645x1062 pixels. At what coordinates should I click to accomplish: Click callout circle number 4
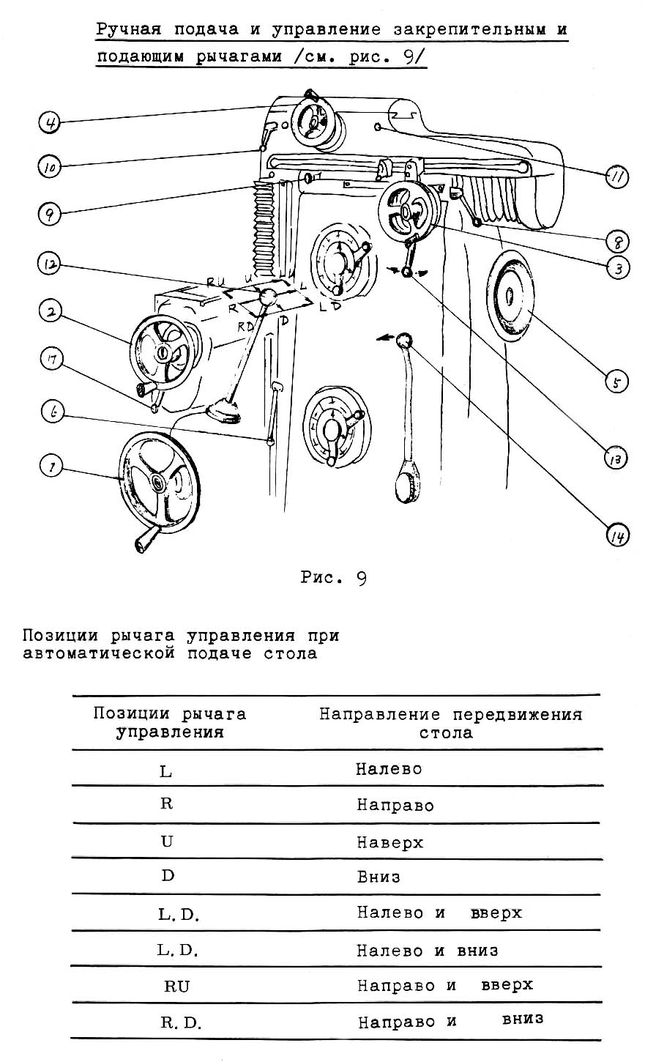49,122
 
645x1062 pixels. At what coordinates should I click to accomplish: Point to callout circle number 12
50,264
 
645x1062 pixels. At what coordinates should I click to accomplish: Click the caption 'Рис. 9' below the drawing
334,578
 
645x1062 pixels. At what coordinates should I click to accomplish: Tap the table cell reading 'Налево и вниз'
428,950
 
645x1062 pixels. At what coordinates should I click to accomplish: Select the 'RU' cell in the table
177,986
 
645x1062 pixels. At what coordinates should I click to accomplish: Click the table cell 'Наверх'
390,842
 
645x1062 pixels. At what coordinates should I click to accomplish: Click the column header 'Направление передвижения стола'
450,723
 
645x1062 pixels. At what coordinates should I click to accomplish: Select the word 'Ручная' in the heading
129,31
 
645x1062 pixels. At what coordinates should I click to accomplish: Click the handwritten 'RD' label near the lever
245,327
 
